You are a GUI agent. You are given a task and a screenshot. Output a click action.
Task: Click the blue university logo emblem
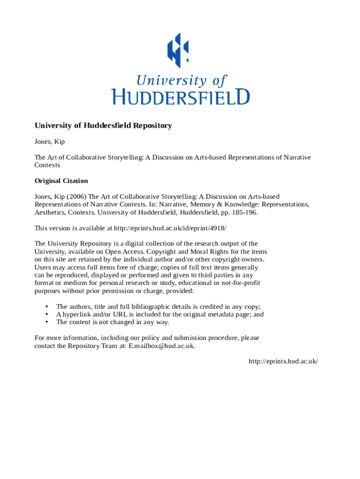pyautogui.click(x=178, y=50)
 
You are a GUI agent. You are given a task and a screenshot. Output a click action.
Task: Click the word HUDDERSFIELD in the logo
pyautogui.click(x=180, y=97)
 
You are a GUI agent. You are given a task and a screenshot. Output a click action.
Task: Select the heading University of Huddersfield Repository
pyautogui.click(x=103, y=126)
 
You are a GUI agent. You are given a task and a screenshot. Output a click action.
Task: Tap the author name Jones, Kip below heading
pyautogui.click(x=50, y=141)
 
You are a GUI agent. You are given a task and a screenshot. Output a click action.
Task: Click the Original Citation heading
pyautogui.click(x=61, y=181)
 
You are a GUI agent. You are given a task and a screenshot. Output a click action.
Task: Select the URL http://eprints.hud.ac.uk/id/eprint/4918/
pyautogui.click(x=170, y=228)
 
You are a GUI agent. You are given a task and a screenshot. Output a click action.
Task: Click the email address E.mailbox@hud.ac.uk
pyautogui.click(x=161, y=346)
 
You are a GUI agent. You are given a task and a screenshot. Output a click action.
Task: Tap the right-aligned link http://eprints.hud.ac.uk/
pyautogui.click(x=283, y=362)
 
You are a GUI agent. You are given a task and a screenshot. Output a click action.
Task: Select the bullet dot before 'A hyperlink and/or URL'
pyautogui.click(x=47, y=315)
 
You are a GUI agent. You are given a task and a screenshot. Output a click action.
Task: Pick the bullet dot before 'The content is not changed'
pyautogui.click(x=47, y=322)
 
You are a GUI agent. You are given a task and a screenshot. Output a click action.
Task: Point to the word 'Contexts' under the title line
pyautogui.click(x=47, y=165)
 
